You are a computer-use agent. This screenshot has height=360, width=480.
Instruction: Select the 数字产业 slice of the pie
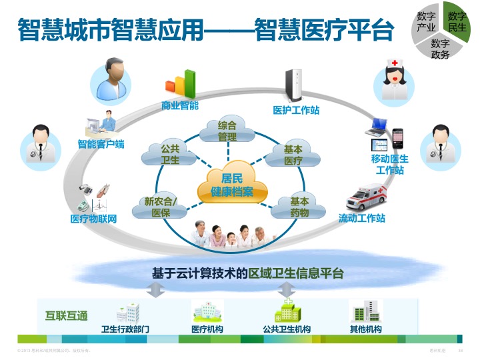(426, 22)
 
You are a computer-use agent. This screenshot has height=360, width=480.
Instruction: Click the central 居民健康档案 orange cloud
(233, 185)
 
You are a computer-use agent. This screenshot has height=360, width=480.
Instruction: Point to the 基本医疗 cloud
(293, 155)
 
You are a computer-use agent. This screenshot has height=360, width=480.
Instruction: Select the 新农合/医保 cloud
(161, 207)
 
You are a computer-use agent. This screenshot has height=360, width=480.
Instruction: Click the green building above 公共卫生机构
(287, 311)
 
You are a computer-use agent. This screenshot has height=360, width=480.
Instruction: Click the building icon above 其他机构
(365, 311)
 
